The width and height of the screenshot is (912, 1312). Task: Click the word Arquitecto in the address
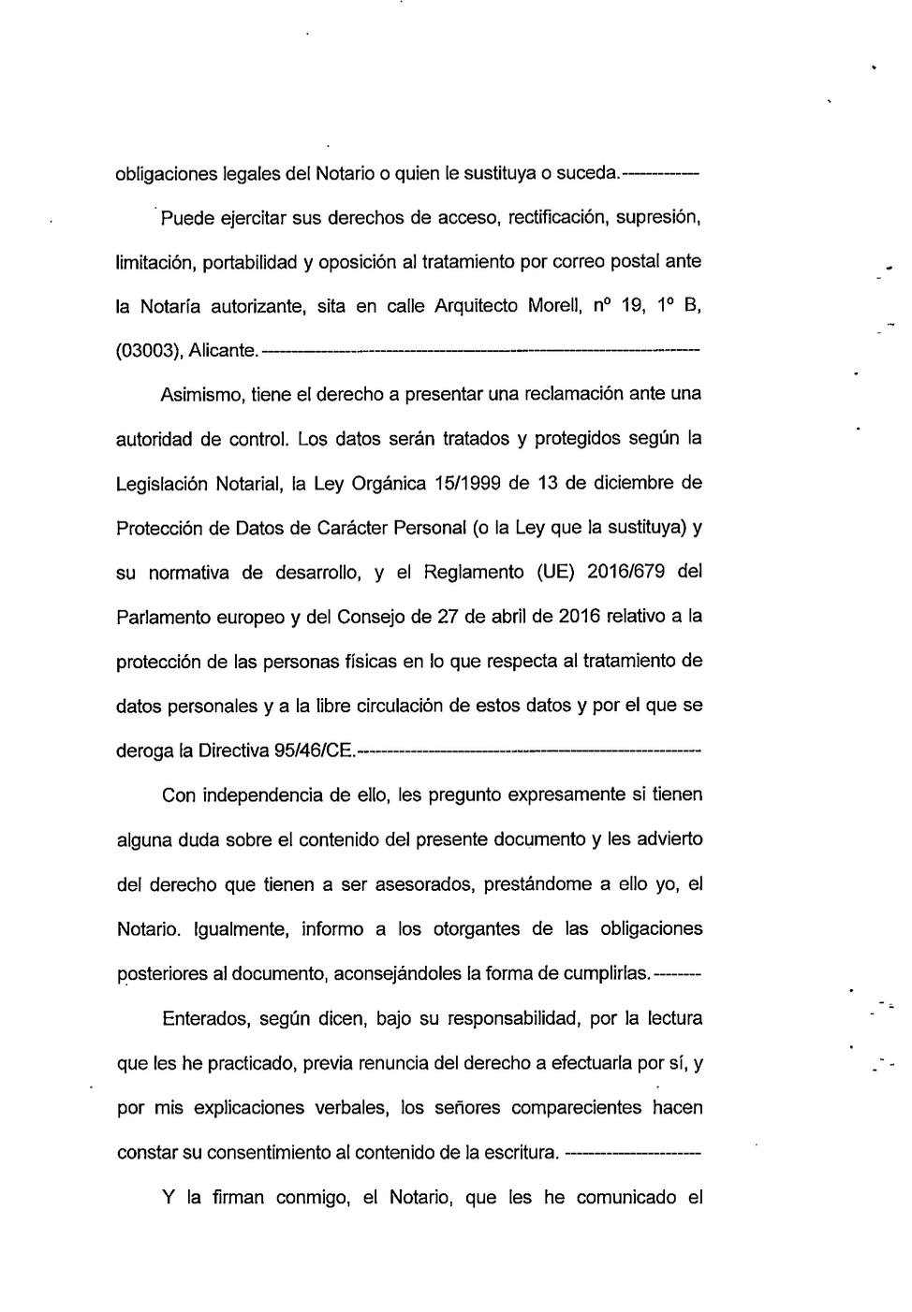tap(477, 306)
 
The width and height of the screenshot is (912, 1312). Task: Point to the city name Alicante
tap(223, 351)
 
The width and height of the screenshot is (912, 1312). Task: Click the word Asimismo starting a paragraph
tap(202, 395)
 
